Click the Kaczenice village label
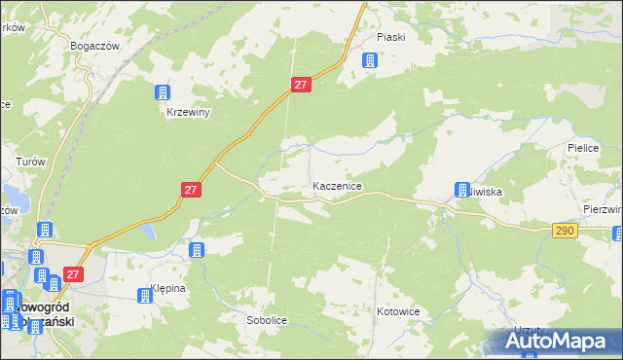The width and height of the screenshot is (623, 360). (338, 185)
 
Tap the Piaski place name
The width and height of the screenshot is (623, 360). (390, 37)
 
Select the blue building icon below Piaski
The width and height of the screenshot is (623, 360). (369, 60)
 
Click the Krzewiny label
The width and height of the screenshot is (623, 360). (187, 112)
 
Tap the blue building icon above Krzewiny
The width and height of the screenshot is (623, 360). (162, 93)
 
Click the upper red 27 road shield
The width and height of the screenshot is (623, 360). (301, 86)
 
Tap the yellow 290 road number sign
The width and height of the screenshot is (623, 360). (566, 231)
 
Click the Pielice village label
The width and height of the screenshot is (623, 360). (581, 148)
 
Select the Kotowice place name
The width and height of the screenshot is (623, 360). (397, 312)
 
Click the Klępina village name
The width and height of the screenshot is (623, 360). (167, 289)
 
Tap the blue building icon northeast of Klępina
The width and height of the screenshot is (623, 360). (197, 250)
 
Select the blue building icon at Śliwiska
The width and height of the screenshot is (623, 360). (461, 191)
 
